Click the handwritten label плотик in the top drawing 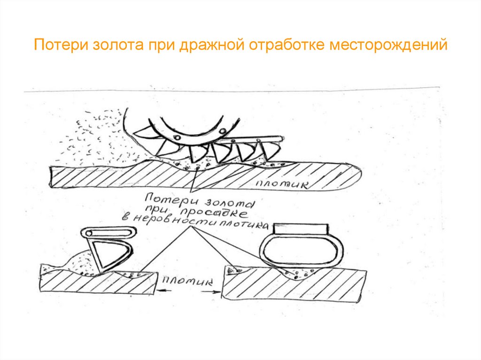point(282,184)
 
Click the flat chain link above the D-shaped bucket point(108,232)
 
